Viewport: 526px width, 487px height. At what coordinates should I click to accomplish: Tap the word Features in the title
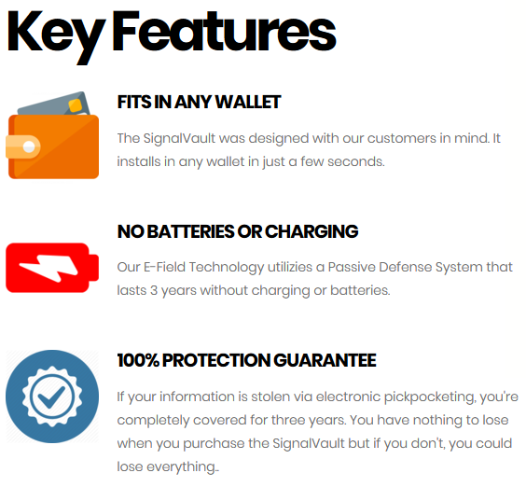pyautogui.click(x=224, y=31)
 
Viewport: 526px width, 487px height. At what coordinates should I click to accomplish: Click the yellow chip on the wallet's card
pyautogui.click(x=76, y=105)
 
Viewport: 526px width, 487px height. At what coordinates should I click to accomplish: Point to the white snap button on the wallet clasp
pyautogui.click(x=29, y=146)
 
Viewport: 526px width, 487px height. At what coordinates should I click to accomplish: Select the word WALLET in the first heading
pyautogui.click(x=247, y=102)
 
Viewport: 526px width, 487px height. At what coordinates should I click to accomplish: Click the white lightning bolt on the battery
pyautogui.click(x=49, y=268)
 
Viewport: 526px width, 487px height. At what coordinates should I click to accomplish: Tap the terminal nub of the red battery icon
pyautogui.click(x=94, y=268)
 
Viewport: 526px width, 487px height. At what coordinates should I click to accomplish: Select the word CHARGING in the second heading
pyautogui.click(x=311, y=231)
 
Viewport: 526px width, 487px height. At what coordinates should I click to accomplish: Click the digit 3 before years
pyautogui.click(x=154, y=291)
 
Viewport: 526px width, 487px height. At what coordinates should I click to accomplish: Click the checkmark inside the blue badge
pyautogui.click(x=51, y=397)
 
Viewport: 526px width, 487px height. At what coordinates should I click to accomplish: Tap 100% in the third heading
pyautogui.click(x=138, y=360)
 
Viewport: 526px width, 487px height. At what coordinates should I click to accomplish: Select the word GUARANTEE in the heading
pyautogui.click(x=325, y=360)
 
